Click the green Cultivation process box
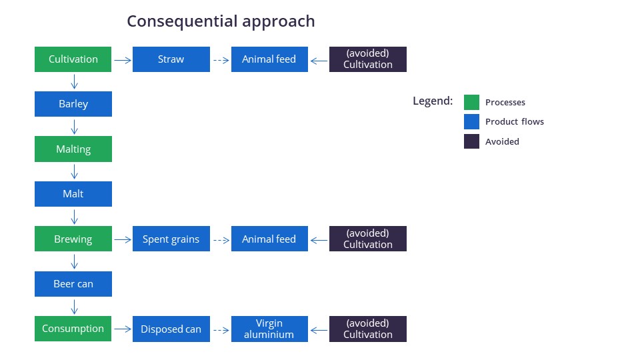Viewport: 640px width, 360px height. coord(73,59)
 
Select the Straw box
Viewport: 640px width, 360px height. coord(171,59)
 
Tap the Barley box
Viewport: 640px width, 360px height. coord(73,104)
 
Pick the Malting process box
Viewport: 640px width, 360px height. coord(73,149)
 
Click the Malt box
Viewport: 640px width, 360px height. coord(73,194)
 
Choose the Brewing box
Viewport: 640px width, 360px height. coord(73,239)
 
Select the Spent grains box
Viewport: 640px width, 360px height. coord(171,239)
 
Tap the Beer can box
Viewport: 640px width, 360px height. coord(73,284)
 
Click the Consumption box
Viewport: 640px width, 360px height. coord(73,329)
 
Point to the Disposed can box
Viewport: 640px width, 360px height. coord(171,329)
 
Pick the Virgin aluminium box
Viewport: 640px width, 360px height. coord(269,329)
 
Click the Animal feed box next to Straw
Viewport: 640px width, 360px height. coord(269,59)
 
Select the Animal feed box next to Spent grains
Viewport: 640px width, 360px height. coord(269,239)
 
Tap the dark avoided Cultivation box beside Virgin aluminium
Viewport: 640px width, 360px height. coord(368,329)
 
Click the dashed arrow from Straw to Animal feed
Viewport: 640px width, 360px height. coord(221,61)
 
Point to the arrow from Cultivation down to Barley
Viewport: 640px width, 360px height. coord(74,81)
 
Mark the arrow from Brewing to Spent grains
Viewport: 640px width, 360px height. coord(123,240)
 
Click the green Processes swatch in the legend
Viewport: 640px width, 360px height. coord(471,103)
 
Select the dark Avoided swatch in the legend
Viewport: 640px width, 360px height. coord(471,141)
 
